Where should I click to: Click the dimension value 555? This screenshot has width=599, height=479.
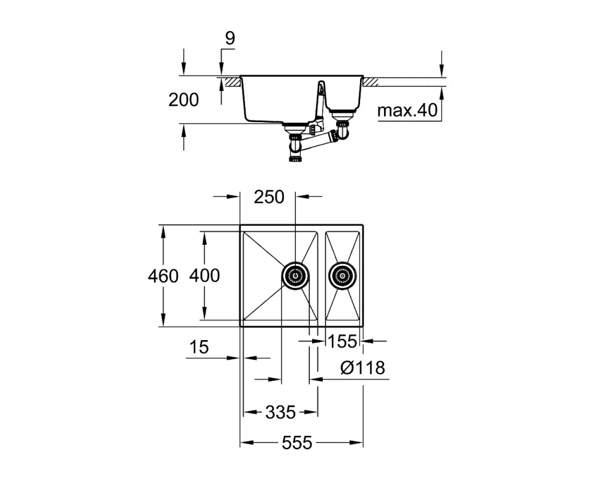click(x=297, y=442)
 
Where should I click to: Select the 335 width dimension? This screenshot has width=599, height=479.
click(x=280, y=412)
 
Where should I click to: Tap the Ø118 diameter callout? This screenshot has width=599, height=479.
click(x=362, y=368)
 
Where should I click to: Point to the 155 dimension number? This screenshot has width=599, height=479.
click(x=342, y=341)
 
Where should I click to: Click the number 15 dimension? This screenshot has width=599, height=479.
click(x=199, y=347)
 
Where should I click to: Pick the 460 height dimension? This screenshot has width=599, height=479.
click(x=163, y=276)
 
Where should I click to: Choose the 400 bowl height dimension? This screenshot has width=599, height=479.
click(x=204, y=276)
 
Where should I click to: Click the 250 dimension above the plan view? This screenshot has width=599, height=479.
click(x=270, y=197)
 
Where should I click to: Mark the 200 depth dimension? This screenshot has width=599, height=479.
click(x=184, y=100)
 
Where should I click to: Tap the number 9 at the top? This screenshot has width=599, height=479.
click(x=230, y=38)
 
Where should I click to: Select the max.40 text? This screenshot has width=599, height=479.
click(x=407, y=110)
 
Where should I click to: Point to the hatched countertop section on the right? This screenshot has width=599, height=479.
click(x=371, y=83)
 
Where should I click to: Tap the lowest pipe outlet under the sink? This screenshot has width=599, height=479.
click(x=295, y=157)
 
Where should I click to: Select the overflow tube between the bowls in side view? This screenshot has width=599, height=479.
click(x=320, y=103)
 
